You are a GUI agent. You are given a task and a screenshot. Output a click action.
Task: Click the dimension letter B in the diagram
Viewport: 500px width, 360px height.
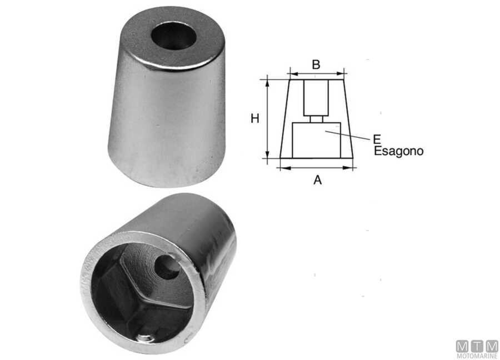(316, 64)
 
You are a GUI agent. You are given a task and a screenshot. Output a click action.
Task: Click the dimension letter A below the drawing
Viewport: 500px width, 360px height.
(317, 180)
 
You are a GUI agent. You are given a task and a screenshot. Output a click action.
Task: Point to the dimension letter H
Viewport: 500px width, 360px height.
(255, 118)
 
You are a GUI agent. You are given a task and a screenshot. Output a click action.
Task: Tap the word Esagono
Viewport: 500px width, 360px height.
(399, 151)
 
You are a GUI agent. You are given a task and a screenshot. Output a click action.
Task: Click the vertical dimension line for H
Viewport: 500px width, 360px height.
(268, 118)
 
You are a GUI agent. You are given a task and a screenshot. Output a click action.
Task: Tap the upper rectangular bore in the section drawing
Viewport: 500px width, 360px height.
(316, 97)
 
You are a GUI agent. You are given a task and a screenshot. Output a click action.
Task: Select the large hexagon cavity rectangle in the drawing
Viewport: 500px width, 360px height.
(316, 140)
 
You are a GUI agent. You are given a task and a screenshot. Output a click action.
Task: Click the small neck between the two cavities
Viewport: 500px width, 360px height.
(316, 118)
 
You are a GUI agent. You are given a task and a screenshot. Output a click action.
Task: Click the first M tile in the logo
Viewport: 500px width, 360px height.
(462, 346)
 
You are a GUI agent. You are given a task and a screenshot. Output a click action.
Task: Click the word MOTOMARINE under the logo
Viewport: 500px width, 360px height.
(477, 356)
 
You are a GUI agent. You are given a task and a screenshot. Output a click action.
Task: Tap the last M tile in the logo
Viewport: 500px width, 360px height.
(492, 346)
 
